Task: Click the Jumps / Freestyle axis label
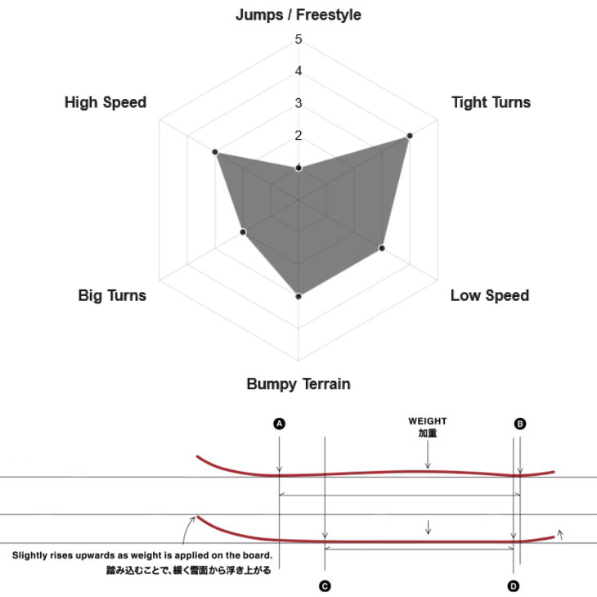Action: coord(298,15)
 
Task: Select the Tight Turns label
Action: coord(491,102)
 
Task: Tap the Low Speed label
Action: coord(490,295)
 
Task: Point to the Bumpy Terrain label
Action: coord(298,384)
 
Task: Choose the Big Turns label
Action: coord(112,295)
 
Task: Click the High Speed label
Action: coord(105,102)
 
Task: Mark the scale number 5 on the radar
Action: coord(298,39)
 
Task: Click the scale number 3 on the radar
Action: coord(298,103)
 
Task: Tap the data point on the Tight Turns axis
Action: coord(409,136)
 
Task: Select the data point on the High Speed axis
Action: coord(215,152)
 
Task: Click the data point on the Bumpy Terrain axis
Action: coord(298,296)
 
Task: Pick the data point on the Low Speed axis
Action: coord(382,249)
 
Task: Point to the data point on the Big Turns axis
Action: coord(243,232)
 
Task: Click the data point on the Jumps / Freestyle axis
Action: coord(298,168)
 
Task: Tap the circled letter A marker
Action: coord(280,424)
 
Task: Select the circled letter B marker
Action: coord(519,424)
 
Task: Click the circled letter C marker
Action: coord(325,586)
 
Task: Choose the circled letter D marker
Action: coord(514,586)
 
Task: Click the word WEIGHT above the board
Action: coord(428,421)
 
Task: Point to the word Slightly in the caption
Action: coord(28,555)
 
